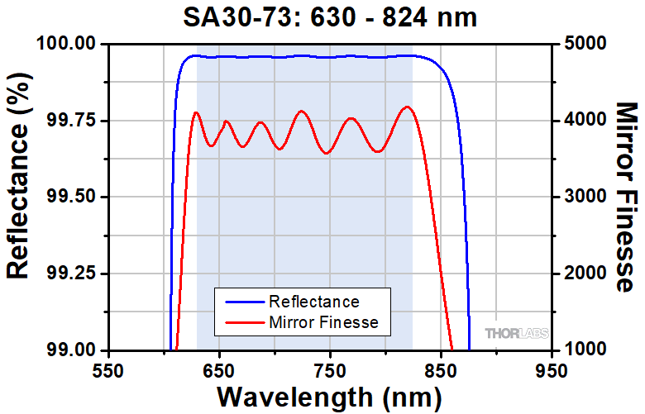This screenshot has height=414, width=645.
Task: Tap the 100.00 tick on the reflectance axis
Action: coord(69,44)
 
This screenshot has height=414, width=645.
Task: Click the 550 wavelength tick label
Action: coord(108,369)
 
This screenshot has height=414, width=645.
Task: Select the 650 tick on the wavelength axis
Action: coord(219,369)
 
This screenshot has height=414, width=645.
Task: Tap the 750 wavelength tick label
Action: coord(330,369)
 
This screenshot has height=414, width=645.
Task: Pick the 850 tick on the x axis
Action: coord(441,369)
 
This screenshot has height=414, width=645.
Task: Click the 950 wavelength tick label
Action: coord(551,369)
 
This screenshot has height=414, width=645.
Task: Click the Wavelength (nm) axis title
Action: coord(328,397)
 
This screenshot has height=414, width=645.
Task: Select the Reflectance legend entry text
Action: coord(314,301)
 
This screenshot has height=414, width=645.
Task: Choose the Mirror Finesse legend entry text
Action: coord(323,322)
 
